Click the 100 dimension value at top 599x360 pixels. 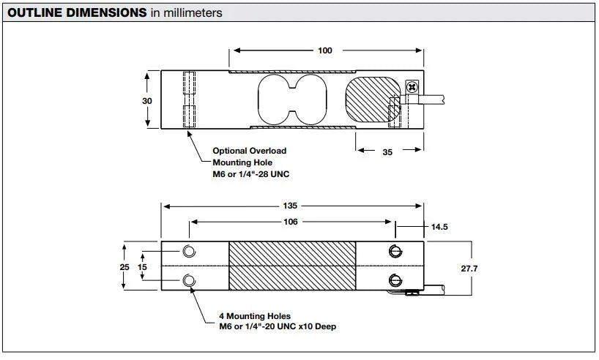pos(326,50)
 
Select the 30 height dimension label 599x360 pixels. pos(146,100)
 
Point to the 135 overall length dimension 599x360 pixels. pos(292,206)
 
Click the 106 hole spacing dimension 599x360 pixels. pos(291,222)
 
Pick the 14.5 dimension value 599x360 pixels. pos(439,228)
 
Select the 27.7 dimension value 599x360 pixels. pos(469,269)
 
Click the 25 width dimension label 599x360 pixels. pos(124,267)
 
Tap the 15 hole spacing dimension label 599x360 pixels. pos(143,267)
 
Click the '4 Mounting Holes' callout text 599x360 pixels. pos(254,316)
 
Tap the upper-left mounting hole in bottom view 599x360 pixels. pos(190,252)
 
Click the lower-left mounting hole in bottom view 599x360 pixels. pos(190,280)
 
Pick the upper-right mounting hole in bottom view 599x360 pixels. pos(395,252)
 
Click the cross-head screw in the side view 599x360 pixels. pos(412,88)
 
